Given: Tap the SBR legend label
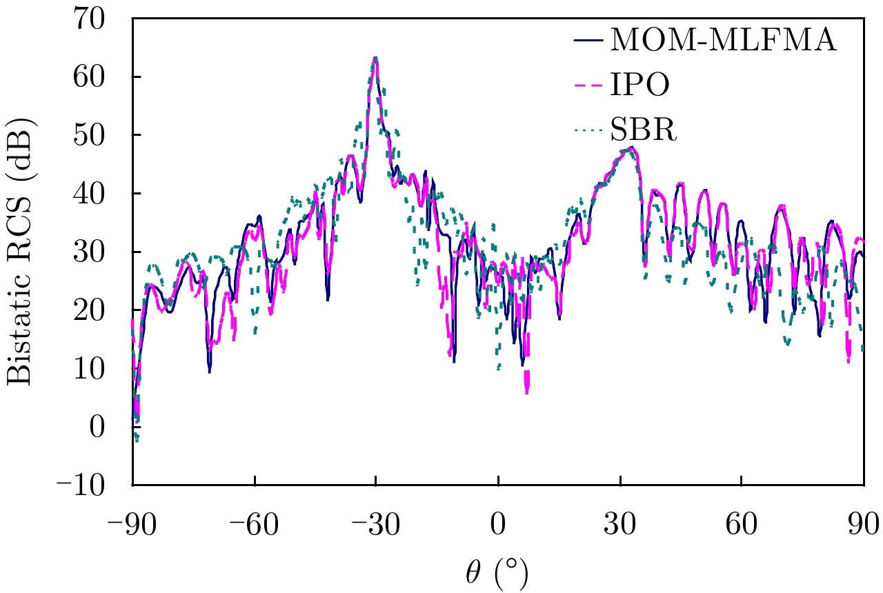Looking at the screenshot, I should pos(644,130).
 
